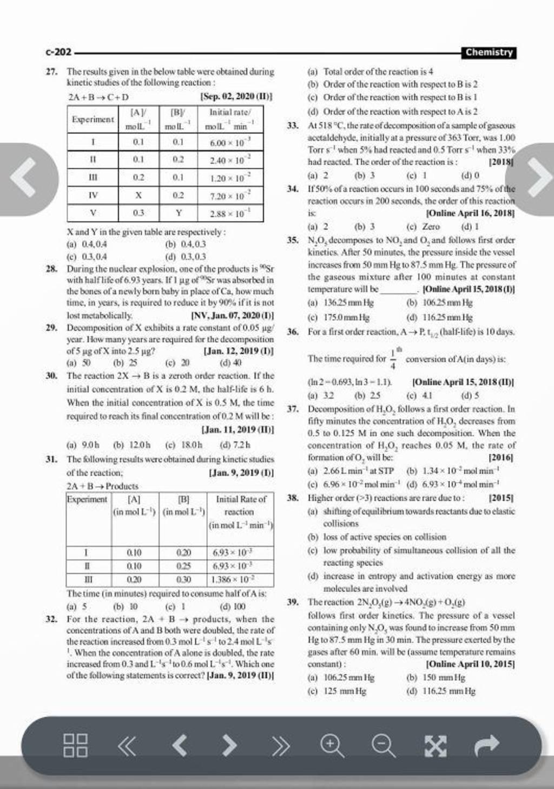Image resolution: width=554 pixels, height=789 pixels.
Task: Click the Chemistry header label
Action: [489, 53]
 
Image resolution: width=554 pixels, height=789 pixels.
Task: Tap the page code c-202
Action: [58, 53]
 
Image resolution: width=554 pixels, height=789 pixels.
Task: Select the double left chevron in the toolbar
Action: [127, 745]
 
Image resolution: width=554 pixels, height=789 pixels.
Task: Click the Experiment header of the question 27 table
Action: [93, 119]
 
